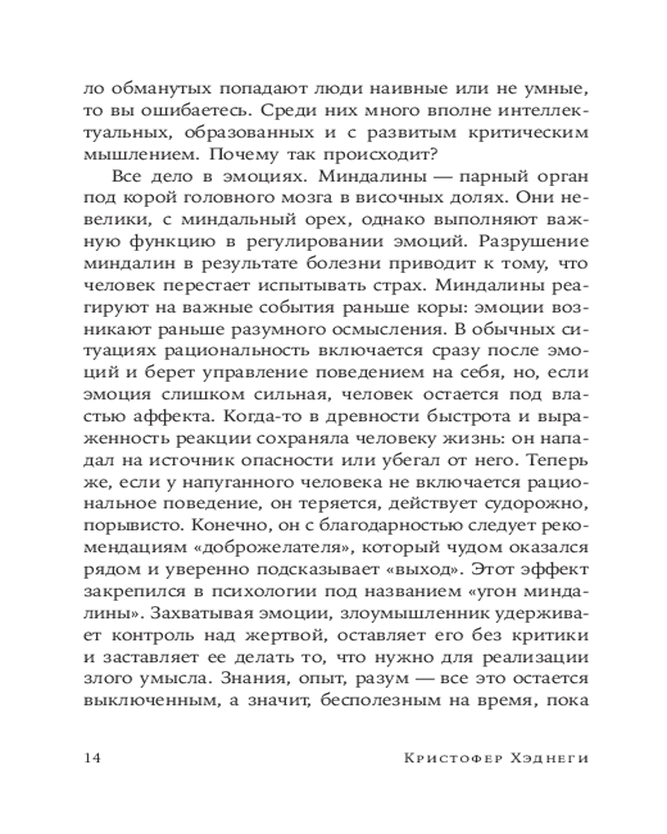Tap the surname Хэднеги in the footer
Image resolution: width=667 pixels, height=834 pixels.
pyautogui.click(x=547, y=758)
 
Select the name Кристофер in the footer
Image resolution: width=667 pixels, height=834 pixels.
pyautogui.click(x=451, y=758)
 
